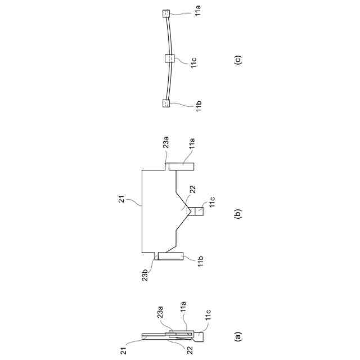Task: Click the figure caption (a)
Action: pos(238,337)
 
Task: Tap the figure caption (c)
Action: pos(238,60)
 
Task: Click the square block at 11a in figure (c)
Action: pos(166,13)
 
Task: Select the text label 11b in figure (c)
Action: pos(199,107)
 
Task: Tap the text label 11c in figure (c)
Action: pos(193,62)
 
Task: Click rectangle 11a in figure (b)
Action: pos(181,166)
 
